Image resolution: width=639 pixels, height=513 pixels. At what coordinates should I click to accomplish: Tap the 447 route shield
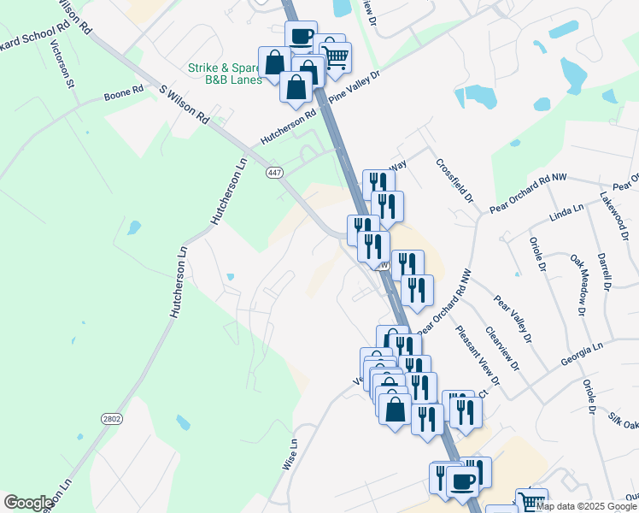274,173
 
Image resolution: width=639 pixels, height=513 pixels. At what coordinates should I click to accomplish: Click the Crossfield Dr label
454,180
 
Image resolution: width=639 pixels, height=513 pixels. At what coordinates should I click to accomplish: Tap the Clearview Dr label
501,348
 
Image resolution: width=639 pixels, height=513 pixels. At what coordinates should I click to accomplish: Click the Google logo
28,503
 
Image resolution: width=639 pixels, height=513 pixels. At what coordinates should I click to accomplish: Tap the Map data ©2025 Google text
586,506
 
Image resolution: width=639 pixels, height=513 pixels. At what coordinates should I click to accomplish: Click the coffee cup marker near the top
301,37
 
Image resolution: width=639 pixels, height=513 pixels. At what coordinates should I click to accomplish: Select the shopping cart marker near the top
335,57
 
